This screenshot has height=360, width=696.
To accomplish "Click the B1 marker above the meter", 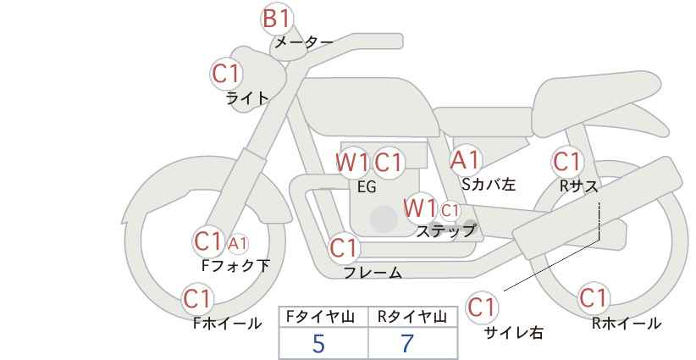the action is pos(277,19).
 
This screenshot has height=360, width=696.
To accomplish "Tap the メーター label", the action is pos(304,42).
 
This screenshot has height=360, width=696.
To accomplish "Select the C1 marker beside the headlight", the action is pos(226,75).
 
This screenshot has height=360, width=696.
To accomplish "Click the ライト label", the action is pos(247,98).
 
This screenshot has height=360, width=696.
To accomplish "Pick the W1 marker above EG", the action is pos(352,163).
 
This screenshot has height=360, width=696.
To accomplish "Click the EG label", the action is pos(367,187).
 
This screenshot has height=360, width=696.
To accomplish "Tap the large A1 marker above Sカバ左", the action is pos(465,160).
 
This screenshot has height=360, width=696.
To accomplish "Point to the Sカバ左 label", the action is pos(489,184).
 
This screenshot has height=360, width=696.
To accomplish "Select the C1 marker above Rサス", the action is pos(567,162).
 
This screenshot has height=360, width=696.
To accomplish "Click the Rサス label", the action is pos(578,186).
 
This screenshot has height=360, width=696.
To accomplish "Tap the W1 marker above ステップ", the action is pos(420,208).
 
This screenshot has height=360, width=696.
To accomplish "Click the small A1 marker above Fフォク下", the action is pos(239,243).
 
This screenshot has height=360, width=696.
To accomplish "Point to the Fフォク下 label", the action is pos(235,265).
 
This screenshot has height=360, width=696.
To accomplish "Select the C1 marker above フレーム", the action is pos(344,247).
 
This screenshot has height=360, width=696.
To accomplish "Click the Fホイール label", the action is pos(227,324).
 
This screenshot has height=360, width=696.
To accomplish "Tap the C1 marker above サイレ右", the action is pos(482,307).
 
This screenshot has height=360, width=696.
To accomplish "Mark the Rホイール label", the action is pos(627,324).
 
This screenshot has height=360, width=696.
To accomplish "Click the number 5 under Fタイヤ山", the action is pos(318,344).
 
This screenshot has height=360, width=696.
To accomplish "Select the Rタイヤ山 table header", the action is pos(412,317).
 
